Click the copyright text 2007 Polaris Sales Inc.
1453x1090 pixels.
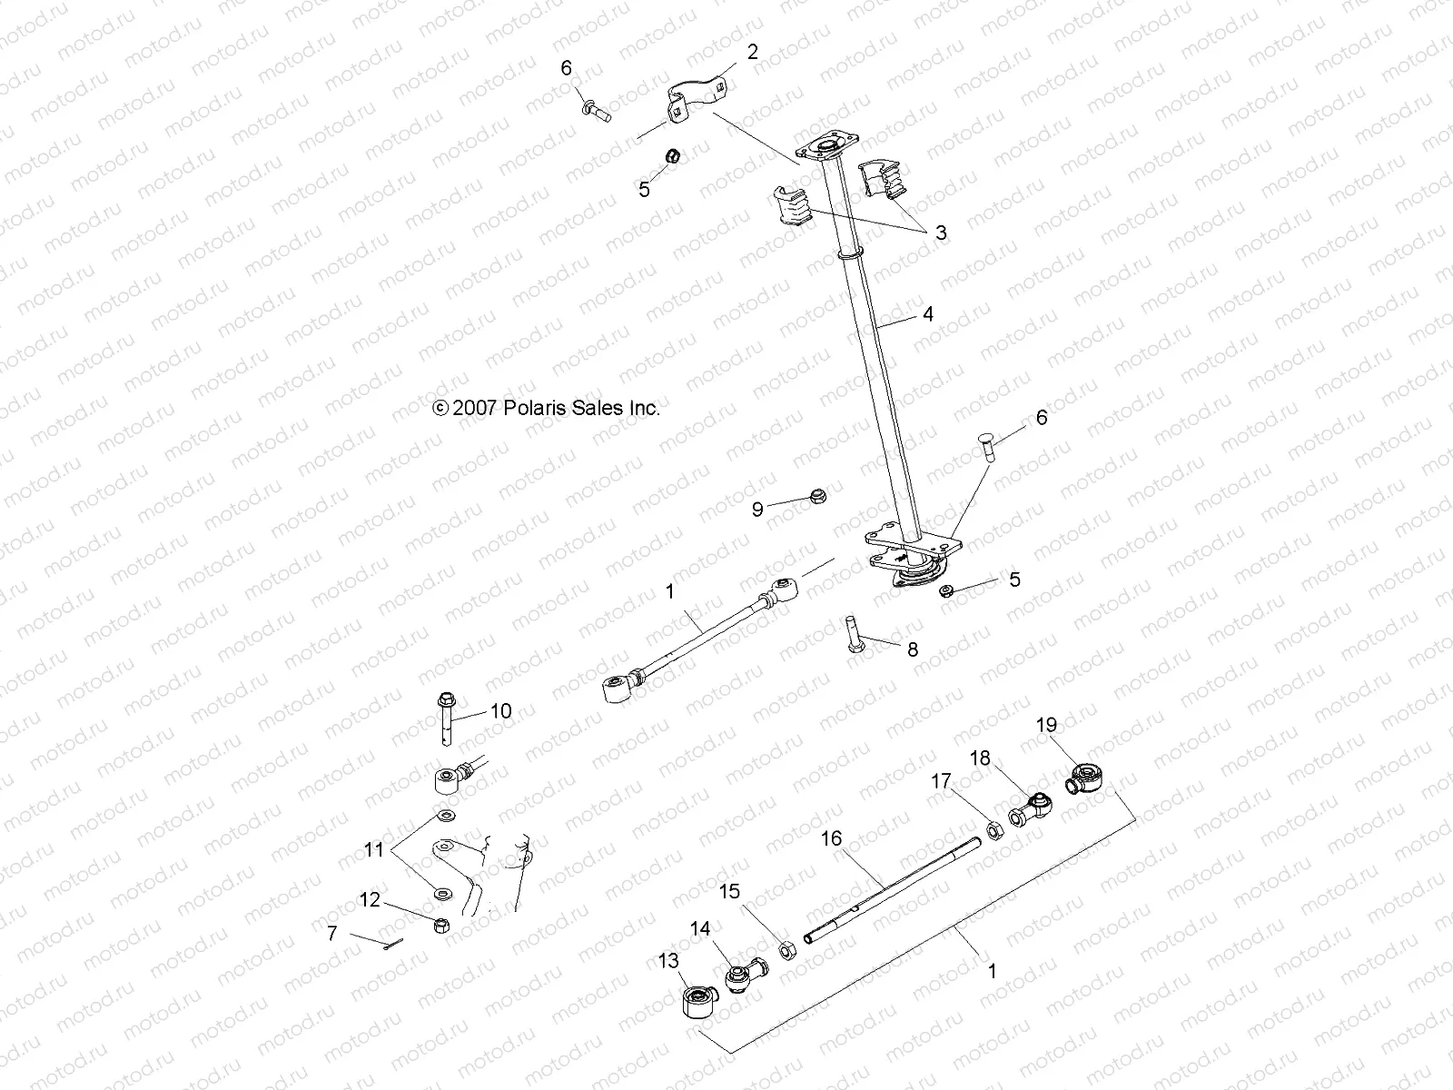[547, 409]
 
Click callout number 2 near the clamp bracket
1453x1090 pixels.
[752, 53]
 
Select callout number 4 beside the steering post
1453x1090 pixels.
[927, 314]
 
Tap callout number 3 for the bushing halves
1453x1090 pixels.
[941, 233]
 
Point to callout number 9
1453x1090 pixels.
[757, 510]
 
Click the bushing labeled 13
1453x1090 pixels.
[699, 1004]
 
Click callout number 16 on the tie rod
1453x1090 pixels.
[833, 837]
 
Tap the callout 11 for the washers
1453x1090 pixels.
[374, 851]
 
